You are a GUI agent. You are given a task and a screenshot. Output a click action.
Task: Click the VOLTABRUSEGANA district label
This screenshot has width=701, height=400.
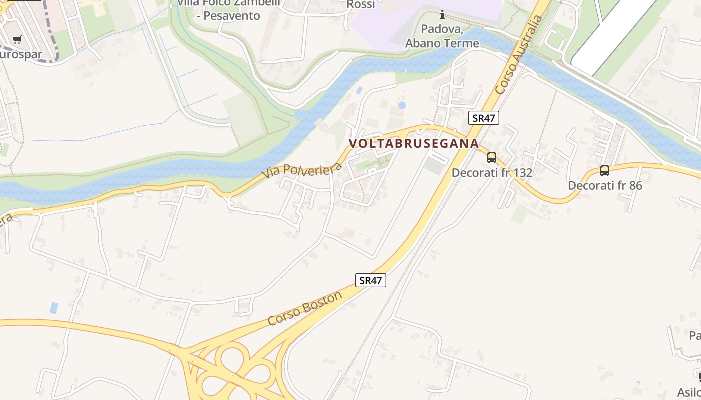tap(414, 143)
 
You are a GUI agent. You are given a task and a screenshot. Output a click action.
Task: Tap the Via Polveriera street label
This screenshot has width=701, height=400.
tap(301, 170)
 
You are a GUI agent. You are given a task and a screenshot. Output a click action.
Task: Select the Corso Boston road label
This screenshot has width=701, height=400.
tap(305, 308)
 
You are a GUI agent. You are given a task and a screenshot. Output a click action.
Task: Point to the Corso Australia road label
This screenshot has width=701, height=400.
tap(518, 55)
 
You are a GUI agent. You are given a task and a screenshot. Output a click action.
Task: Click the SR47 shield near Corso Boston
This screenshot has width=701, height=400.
tap(371, 280)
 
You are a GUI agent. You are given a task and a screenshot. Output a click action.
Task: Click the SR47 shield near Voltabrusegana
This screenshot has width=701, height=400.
tap(484, 118)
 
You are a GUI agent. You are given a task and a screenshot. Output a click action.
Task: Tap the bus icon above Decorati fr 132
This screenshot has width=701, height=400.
tap(492, 158)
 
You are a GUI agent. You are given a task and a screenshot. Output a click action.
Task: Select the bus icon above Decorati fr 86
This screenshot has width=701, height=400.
tap(605, 171)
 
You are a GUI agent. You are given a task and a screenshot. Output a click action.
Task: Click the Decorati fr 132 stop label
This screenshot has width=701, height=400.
tap(492, 173)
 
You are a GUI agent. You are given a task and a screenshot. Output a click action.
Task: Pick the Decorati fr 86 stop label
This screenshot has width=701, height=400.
tap(605, 186)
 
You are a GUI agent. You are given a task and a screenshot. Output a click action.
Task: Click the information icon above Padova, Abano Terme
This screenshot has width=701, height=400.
tap(442, 14)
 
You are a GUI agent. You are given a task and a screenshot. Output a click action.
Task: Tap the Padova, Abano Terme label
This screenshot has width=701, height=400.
tap(442, 36)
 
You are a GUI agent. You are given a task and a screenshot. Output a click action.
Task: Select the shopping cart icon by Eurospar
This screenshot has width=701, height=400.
tap(17, 39)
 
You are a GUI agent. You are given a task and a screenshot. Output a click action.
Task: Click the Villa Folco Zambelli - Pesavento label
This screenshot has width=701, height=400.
tap(228, 9)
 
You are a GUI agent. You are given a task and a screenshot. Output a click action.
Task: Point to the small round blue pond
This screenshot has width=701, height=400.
tap(402, 105)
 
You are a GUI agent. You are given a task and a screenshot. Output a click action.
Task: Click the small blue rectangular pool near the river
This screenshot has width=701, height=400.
tap(359, 90)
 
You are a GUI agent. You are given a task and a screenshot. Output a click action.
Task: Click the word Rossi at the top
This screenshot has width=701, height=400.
tap(361, 4)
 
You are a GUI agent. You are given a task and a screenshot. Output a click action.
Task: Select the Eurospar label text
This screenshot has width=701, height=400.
tap(20, 54)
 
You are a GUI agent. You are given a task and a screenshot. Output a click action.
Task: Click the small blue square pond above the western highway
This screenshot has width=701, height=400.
tap(54, 308)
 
